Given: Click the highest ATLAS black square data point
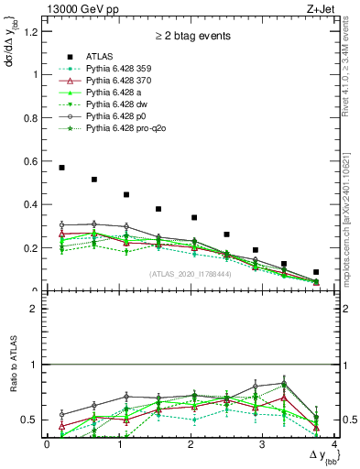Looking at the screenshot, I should (x=61, y=168).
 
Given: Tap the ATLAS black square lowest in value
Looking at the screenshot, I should (x=316, y=272).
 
